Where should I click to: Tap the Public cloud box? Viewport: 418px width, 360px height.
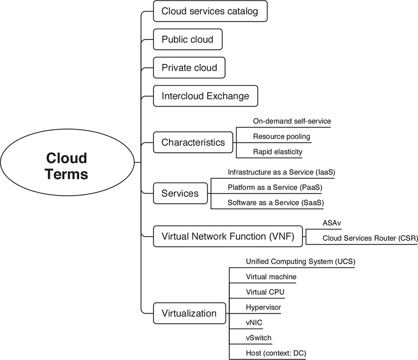pyautogui.click(x=188, y=40)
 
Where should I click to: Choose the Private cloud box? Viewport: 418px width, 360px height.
pyautogui.click(x=189, y=68)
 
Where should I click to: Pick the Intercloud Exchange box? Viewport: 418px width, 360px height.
pyautogui.click(x=205, y=96)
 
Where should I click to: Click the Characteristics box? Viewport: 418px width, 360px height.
pyautogui.click(x=193, y=142)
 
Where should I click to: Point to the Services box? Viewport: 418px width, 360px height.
pyautogui.click(x=180, y=193)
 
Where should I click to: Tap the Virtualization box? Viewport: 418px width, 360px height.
pyautogui.click(x=189, y=313)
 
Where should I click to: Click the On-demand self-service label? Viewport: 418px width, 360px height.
pyautogui.click(x=292, y=122)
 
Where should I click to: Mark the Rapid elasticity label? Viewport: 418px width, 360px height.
pyautogui.click(x=278, y=151)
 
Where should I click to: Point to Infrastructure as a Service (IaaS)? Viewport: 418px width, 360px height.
pyautogui.click(x=281, y=172)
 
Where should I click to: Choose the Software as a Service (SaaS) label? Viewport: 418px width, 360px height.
pyautogui.click(x=275, y=202)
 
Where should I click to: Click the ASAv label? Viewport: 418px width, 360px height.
pyautogui.click(x=332, y=223)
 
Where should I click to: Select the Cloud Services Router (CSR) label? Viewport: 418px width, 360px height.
pyautogui.click(x=370, y=238)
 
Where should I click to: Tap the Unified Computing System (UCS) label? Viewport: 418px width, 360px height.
pyautogui.click(x=300, y=262)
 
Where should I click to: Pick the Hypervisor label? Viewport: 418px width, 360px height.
pyautogui.click(x=263, y=307)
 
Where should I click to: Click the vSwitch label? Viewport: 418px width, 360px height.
pyautogui.click(x=259, y=338)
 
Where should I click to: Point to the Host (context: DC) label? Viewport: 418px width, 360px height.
pyautogui.click(x=276, y=353)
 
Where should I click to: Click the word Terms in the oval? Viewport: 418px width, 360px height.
pyautogui.click(x=67, y=174)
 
